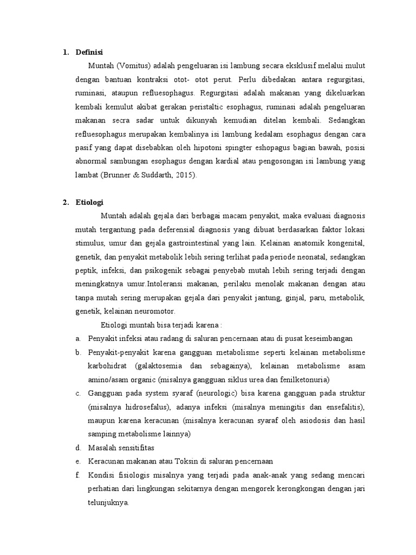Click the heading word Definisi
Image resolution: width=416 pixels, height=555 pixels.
coord(89,53)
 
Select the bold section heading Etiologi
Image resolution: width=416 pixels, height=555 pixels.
coord(89,203)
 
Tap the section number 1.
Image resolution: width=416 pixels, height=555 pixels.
coord(65,53)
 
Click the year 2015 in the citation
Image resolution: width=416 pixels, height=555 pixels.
coord(184,175)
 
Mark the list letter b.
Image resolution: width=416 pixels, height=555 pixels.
coord(77,352)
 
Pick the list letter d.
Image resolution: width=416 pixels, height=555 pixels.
coord(77,448)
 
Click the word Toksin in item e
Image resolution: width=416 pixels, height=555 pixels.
coord(187,461)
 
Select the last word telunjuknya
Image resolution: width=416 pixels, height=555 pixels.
coord(108,502)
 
